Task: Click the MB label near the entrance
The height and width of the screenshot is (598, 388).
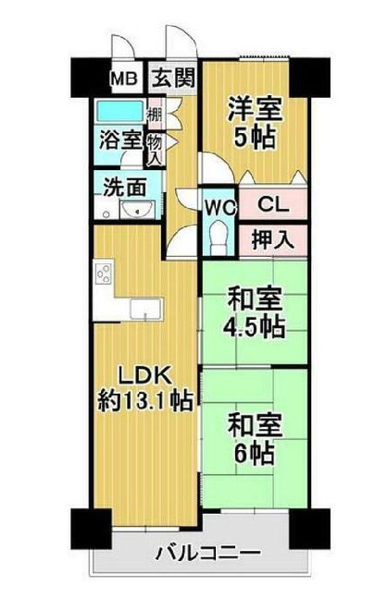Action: click(123, 78)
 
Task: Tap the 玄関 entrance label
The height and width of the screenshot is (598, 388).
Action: click(173, 78)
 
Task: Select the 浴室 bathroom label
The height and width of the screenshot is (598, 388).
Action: click(120, 140)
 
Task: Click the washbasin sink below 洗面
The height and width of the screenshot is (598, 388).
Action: click(140, 212)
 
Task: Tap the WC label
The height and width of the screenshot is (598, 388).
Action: click(219, 203)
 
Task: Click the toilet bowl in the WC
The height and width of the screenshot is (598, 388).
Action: click(219, 238)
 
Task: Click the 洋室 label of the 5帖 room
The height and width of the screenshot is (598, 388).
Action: click(256, 107)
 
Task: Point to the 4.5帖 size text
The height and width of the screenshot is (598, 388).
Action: click(255, 326)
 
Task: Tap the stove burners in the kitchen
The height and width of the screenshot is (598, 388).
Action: click(104, 275)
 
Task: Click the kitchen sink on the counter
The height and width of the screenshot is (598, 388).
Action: click(146, 308)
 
